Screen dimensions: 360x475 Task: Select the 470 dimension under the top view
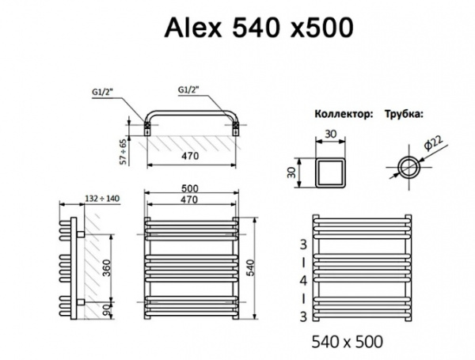pos(191,157)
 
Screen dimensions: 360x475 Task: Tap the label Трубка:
pos(405,114)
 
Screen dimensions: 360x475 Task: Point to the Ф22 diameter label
pos(431,146)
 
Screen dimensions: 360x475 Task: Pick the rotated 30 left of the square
pos(292,172)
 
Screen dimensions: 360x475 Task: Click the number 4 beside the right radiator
pos(302,281)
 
